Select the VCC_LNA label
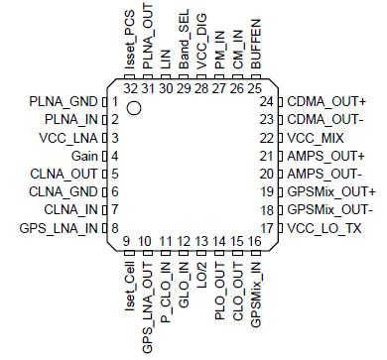69,137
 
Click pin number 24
266,101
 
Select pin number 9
127,241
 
